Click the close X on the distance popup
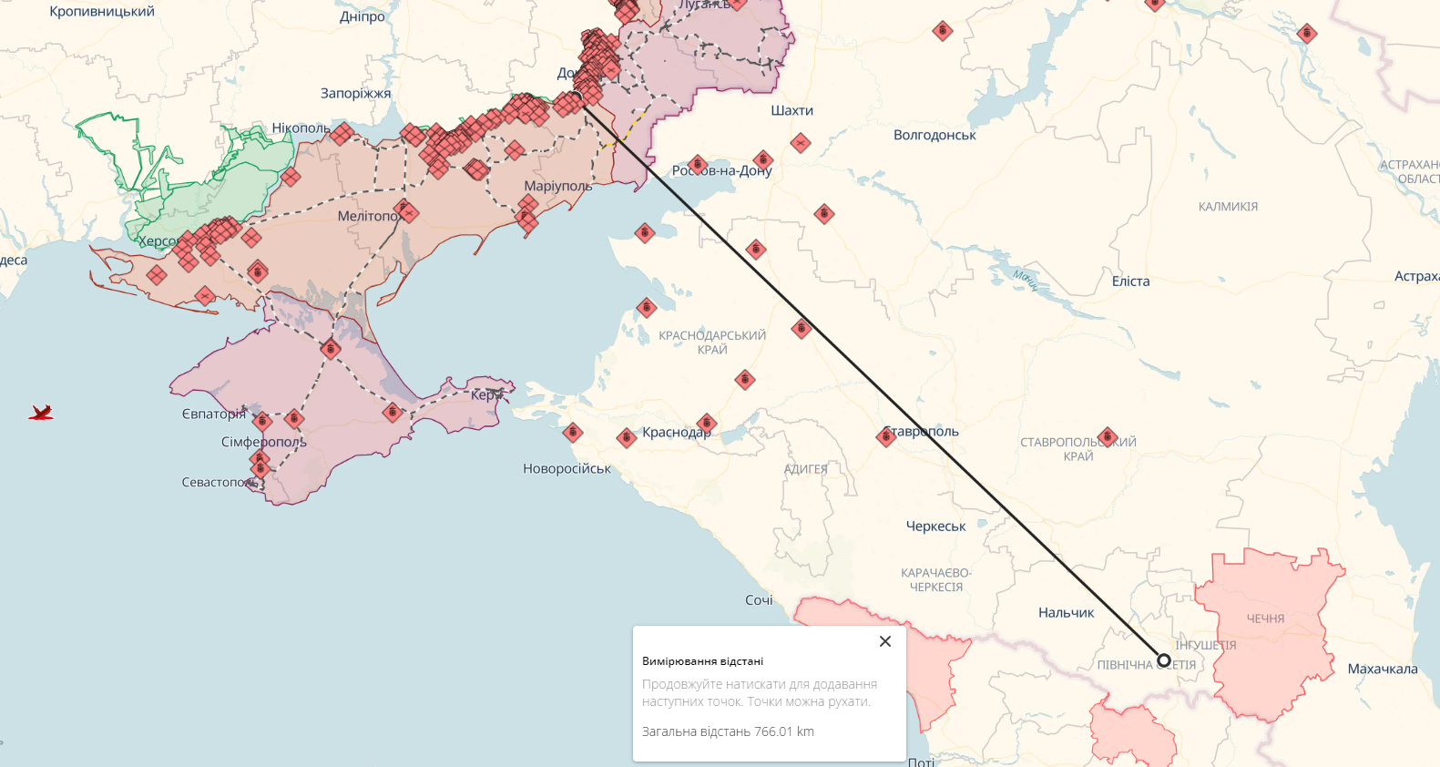click(884, 641)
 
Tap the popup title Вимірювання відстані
click(702, 661)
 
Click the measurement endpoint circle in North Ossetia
click(1163, 660)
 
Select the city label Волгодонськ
click(934, 135)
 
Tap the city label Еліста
click(1130, 281)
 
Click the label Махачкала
click(1382, 669)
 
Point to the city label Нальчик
click(1066, 613)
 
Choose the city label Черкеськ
click(935, 527)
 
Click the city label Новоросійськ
click(567, 469)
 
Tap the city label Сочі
click(759, 600)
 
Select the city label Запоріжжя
click(355, 93)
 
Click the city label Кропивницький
click(102, 12)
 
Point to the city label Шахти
click(791, 110)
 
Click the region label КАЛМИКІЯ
click(1228, 207)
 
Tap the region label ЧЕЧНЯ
click(1265, 619)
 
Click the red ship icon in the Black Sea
click(41, 413)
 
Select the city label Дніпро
click(363, 16)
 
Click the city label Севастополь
click(219, 482)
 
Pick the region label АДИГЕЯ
click(806, 469)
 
